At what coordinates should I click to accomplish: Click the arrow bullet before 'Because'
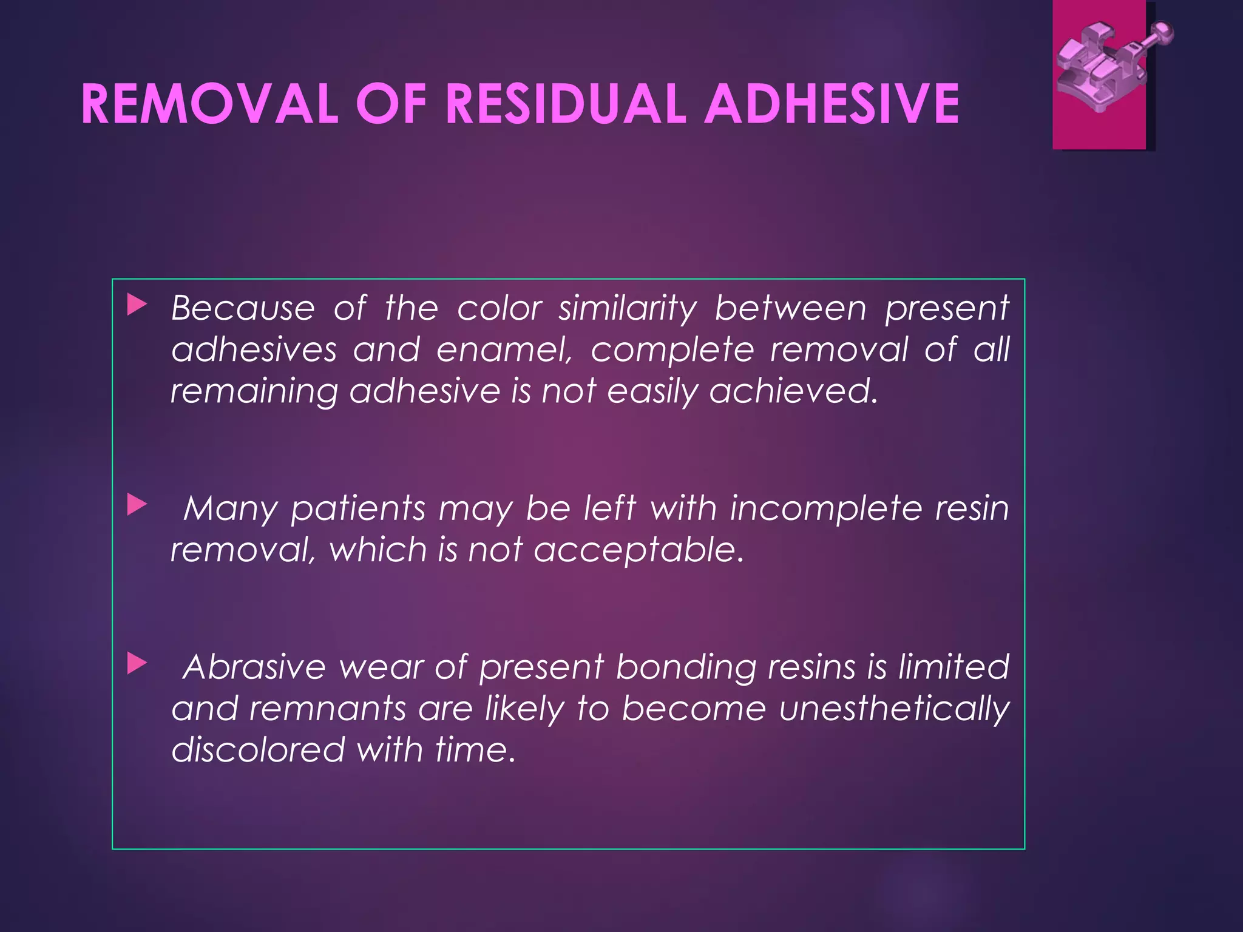coord(137,306)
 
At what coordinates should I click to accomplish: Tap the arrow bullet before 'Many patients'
coord(137,505)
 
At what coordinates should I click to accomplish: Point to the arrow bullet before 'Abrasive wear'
coord(137,664)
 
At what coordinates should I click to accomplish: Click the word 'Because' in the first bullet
coord(243,308)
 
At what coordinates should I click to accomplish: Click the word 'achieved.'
coord(794,391)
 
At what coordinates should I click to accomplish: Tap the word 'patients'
coord(358,508)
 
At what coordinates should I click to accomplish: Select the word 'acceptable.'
coord(638,551)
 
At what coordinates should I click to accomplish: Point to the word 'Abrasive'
coord(255,667)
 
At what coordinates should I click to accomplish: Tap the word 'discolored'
coord(258,749)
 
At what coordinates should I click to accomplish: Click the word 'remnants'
coord(327,709)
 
